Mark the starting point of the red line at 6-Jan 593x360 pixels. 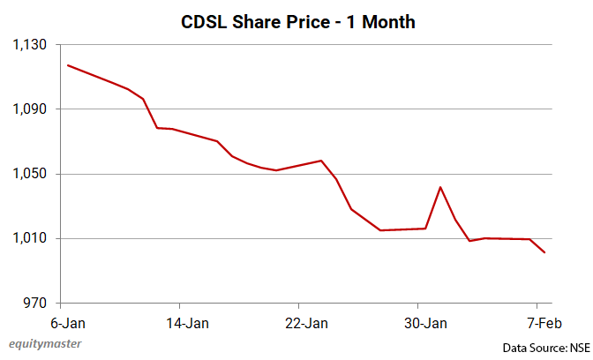(x=68, y=65)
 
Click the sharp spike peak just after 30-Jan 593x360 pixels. (x=440, y=187)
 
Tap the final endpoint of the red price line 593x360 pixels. (x=544, y=253)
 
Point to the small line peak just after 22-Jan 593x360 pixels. (x=321, y=161)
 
